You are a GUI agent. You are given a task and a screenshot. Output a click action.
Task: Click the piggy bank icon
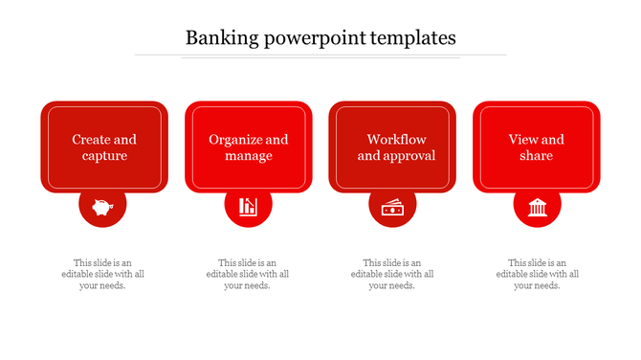click(102, 206)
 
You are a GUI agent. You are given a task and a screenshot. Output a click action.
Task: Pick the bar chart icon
click(248, 206)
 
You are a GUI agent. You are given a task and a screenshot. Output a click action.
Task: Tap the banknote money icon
click(392, 206)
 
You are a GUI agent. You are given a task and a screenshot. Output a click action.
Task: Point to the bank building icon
click(537, 206)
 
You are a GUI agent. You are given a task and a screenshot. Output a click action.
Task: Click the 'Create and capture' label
click(104, 147)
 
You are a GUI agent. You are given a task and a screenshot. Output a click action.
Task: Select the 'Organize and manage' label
click(249, 147)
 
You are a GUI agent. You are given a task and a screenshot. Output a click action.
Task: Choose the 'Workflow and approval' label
click(396, 147)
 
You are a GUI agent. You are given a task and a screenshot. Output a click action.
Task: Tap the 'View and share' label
click(537, 147)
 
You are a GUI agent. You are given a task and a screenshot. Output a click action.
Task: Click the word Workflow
click(396, 140)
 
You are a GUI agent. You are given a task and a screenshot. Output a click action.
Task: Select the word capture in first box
click(104, 156)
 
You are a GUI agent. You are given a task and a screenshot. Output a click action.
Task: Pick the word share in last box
click(537, 156)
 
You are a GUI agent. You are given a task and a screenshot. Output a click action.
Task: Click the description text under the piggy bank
click(102, 274)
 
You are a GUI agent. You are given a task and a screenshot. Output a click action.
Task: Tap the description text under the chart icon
click(248, 274)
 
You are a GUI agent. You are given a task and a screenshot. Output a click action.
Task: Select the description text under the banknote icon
click(392, 274)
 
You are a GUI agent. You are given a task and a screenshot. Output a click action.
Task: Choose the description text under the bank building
click(537, 274)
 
